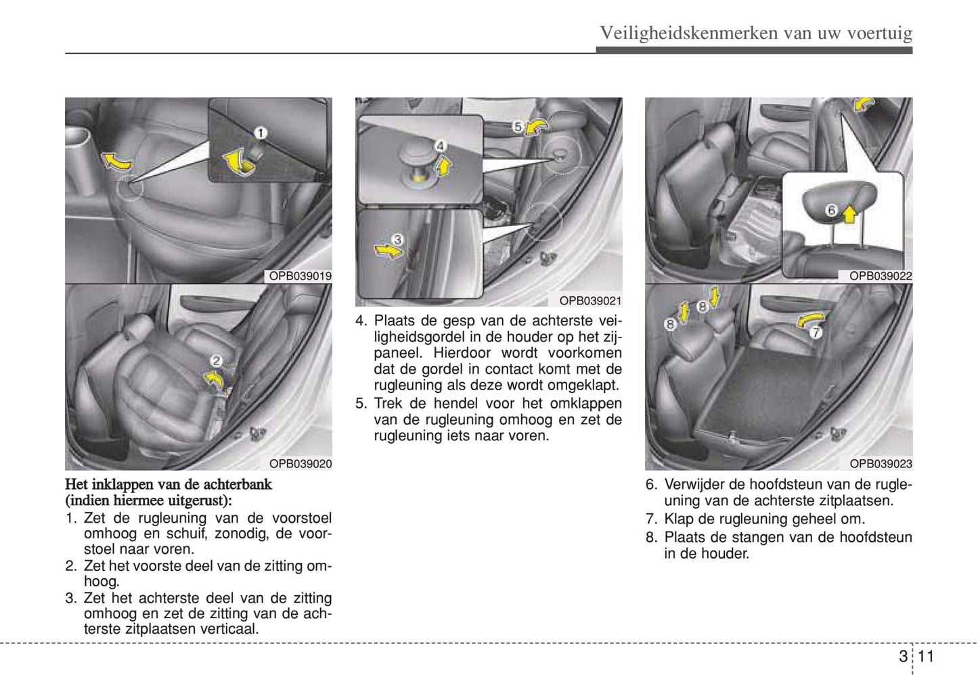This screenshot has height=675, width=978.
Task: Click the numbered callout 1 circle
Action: point(260,133)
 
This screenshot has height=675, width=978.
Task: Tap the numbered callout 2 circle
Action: point(217,362)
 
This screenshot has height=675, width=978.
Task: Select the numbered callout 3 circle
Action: point(397,239)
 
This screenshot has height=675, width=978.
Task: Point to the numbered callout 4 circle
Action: point(440,145)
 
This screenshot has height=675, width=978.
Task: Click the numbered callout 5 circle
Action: point(517,126)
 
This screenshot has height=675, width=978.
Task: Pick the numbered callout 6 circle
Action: point(832,210)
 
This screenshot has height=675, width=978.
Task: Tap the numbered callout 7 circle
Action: point(815,332)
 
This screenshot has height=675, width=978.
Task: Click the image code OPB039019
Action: point(300,276)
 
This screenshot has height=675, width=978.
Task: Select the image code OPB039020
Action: point(300,464)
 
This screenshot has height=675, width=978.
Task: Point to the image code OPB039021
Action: point(590,301)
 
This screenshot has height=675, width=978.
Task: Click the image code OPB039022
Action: point(881,276)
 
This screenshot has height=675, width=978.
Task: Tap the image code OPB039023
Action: point(881,464)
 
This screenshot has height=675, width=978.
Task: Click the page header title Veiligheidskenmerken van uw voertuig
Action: point(756,33)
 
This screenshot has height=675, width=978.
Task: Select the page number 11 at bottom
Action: point(927,656)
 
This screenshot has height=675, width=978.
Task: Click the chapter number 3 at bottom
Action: point(904,656)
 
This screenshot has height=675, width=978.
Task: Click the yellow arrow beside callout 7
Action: point(810,319)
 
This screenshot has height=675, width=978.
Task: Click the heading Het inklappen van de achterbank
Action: point(169,484)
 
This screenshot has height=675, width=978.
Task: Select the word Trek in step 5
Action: point(388,404)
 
